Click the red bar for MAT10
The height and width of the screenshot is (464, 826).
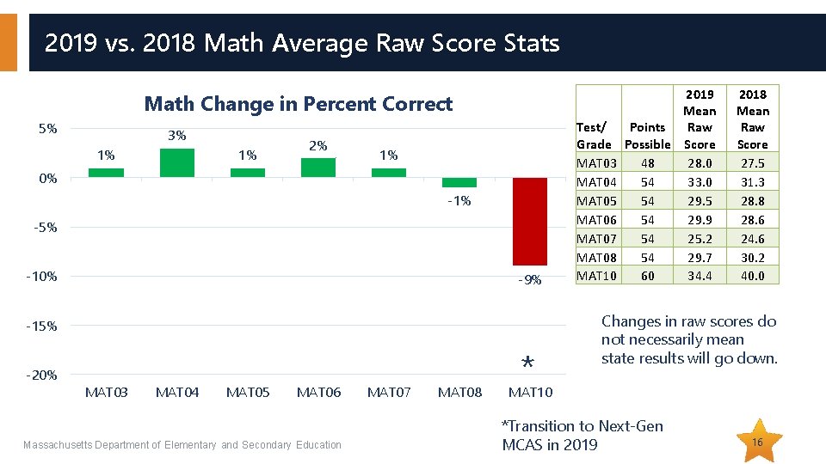pos(529,222)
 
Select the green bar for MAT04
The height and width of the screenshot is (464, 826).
pos(177,163)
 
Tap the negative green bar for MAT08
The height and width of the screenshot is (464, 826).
pos(459,182)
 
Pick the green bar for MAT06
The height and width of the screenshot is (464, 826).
pos(318,168)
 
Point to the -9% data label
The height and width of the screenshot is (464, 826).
pos(530,280)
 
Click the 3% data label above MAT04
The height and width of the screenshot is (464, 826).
pos(177,136)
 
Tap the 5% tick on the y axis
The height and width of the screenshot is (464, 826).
pos(48,129)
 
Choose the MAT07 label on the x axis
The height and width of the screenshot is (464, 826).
pos(389,393)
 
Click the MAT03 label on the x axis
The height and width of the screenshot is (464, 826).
pos(107,393)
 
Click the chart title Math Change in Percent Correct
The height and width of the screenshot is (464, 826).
pos(298,104)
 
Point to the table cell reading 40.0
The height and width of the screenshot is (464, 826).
pos(753,276)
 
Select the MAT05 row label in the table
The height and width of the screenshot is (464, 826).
pos(596,200)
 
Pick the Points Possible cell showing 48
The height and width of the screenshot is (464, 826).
pos(647,162)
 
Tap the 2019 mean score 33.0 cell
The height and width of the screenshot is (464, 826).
pos(700,181)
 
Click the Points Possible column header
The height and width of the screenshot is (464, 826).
pos(647,136)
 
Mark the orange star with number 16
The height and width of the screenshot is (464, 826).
pos(758,442)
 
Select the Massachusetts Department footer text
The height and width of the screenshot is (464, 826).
pos(182,445)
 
